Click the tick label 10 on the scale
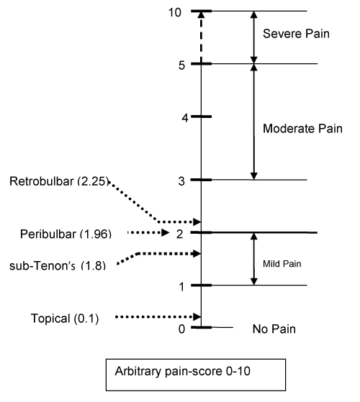[x=175, y=12]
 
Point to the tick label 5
[x=181, y=65]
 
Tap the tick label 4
[x=185, y=118]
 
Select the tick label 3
[x=181, y=181]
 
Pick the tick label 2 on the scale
[x=179, y=234]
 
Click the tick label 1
[x=181, y=287]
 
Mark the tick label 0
[x=181, y=329]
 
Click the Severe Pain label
[x=296, y=34]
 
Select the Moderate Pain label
[x=302, y=129]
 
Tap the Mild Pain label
[x=282, y=264]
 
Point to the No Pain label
[x=274, y=329]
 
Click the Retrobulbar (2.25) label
[x=60, y=181]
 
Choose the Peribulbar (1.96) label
[x=66, y=234]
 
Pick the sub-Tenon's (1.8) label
[x=58, y=265]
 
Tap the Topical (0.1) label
[x=65, y=319]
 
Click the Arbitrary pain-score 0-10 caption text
[x=182, y=371]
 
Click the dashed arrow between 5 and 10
[x=201, y=37]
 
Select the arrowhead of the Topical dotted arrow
[x=197, y=317]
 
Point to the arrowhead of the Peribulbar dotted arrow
[x=166, y=232]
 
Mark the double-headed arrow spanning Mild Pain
[x=253, y=259]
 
